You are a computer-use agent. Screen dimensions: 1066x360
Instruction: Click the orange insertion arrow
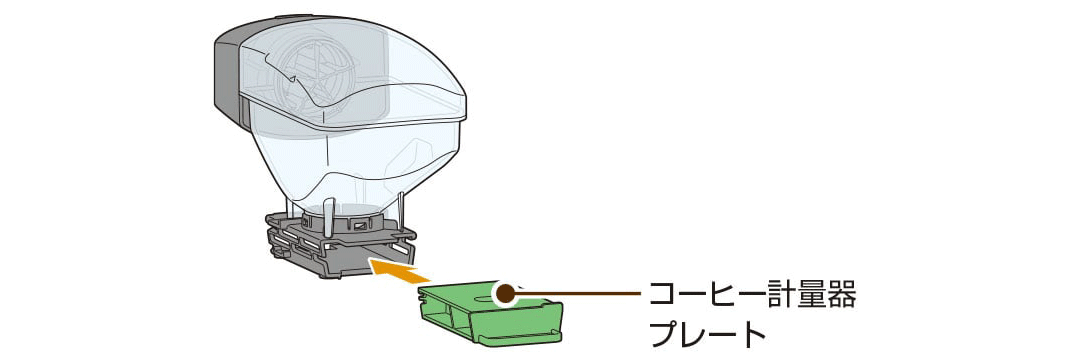tap(399, 267)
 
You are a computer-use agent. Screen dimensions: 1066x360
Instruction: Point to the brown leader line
tap(580, 293)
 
